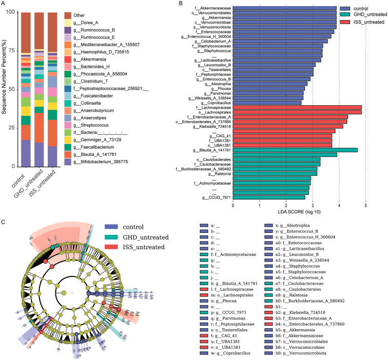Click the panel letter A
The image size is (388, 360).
[4, 4]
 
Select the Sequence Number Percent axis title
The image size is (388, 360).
[4, 89]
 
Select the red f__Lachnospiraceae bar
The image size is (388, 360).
[297, 108]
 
